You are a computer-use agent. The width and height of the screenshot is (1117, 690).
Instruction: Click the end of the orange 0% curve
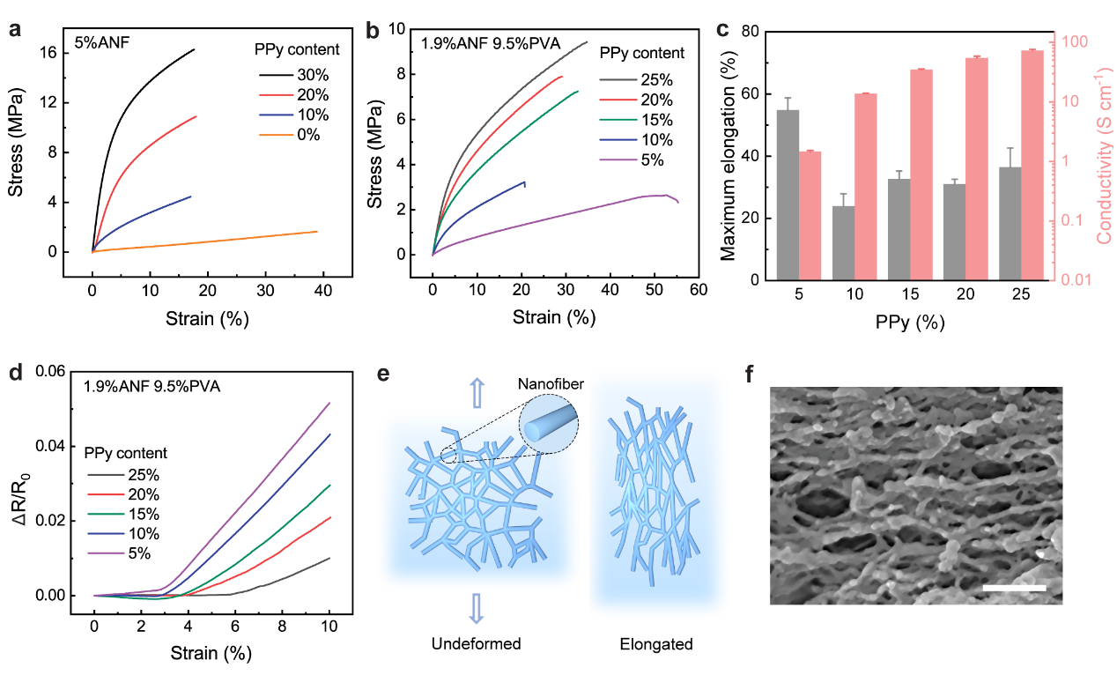(316, 232)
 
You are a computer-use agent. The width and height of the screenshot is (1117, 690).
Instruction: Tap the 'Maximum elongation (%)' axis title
(728, 156)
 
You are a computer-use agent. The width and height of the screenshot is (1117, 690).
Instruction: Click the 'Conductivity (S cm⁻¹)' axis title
(1102, 156)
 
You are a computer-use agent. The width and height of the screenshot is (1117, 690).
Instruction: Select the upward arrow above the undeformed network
(477, 391)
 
